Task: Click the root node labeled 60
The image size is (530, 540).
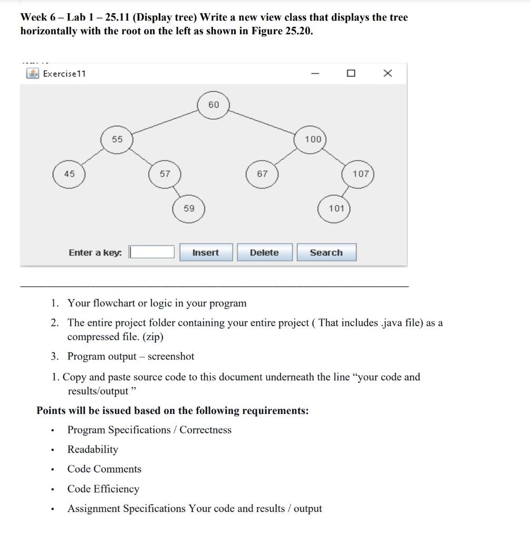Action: click(x=213, y=105)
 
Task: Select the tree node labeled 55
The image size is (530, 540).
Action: click(x=117, y=139)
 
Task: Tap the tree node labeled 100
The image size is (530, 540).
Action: click(x=312, y=139)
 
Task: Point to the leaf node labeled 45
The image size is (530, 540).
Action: click(x=69, y=174)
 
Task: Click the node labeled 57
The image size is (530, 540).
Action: click(x=165, y=174)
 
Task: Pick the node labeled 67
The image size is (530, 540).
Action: click(x=262, y=174)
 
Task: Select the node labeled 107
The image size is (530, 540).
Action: click(x=360, y=174)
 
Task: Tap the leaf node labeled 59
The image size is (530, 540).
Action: click(x=189, y=208)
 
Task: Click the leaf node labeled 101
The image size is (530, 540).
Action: click(x=335, y=208)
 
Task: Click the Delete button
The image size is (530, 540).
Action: click(x=264, y=253)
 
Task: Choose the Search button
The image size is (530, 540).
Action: click(x=326, y=253)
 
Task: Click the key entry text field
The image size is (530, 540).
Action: click(x=152, y=253)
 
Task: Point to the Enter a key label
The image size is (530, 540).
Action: click(x=95, y=253)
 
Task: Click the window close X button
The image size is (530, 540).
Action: click(x=387, y=73)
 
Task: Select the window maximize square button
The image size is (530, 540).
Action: click(x=351, y=73)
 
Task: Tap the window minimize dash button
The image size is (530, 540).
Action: click(x=315, y=73)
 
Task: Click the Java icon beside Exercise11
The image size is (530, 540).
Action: click(x=33, y=73)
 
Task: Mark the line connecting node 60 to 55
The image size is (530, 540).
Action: click(x=163, y=122)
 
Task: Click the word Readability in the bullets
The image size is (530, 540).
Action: click(x=93, y=449)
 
